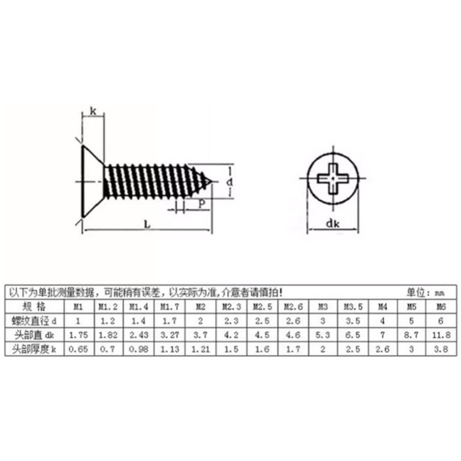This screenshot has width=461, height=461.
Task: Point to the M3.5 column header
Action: coord(352,307)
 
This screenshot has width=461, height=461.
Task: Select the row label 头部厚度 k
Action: coord(34,349)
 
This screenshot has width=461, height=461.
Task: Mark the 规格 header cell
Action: coord(34,307)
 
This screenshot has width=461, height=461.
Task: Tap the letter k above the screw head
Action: coord(93,111)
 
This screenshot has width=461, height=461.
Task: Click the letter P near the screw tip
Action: coord(201,203)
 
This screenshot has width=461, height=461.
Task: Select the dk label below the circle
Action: coord(333,225)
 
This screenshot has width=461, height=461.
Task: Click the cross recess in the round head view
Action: coord(333,177)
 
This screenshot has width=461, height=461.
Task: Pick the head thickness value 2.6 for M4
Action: coord(383,349)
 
